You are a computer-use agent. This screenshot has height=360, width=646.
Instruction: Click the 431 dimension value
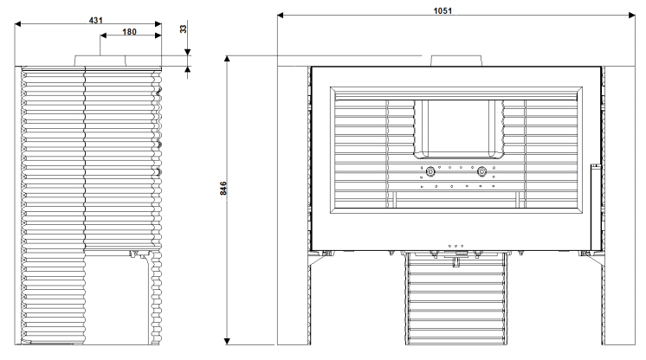[x=95, y=20]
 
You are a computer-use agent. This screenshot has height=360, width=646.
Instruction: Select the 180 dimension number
[x=129, y=32]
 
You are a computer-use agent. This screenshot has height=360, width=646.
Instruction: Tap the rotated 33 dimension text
[x=184, y=29]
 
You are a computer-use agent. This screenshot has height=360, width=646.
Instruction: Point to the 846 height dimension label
[x=223, y=188]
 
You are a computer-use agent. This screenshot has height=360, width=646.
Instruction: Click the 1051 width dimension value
[x=443, y=10]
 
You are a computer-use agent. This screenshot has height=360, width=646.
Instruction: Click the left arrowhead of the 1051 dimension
[x=281, y=16]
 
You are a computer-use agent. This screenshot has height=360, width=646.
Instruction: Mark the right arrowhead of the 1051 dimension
[x=632, y=16]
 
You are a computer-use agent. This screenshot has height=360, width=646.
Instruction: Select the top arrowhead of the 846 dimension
[x=227, y=59]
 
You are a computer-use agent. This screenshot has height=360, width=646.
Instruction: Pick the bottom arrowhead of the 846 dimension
[x=227, y=341]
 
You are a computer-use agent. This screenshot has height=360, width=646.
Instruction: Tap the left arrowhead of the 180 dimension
[x=103, y=35]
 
